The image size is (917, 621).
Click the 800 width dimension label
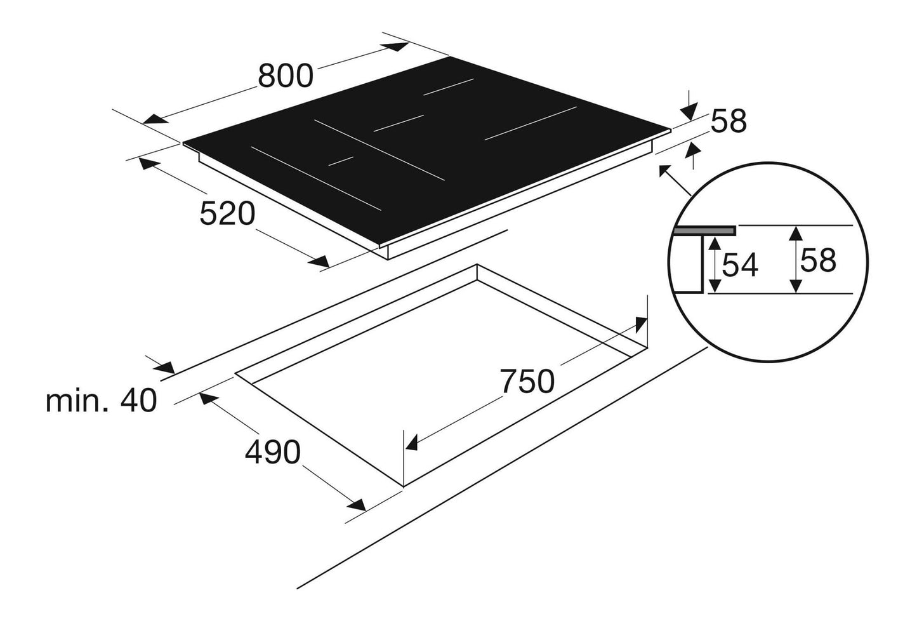click(x=286, y=76)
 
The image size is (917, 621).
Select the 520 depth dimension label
click(x=227, y=213)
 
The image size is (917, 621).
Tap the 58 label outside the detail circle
click(x=729, y=121)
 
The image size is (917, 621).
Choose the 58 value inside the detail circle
click(x=818, y=260)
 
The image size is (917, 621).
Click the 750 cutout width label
click(x=527, y=382)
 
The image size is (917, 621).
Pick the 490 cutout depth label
click(x=273, y=453)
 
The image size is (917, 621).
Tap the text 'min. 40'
click(x=101, y=402)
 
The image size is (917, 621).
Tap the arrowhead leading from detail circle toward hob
click(x=666, y=171)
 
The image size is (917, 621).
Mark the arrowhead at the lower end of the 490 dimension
click(x=355, y=505)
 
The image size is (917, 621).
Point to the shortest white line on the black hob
click(x=340, y=160)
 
